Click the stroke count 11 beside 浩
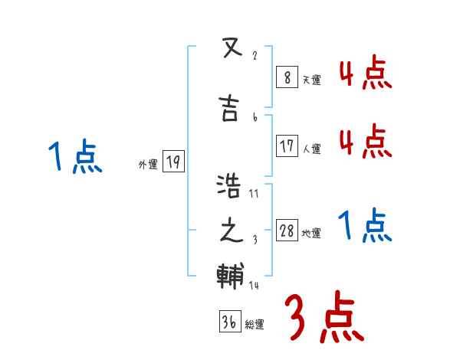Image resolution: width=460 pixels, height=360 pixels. click(x=254, y=194)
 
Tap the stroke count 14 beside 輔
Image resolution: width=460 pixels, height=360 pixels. click(x=254, y=286)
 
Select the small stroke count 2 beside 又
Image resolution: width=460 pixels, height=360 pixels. click(x=255, y=56)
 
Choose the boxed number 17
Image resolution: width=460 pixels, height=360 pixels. click(x=287, y=146)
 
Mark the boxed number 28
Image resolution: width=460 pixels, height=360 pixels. click(x=287, y=231)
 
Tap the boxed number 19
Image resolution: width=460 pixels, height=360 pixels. click(x=173, y=162)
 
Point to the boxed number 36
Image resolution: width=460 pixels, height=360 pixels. click(x=228, y=322)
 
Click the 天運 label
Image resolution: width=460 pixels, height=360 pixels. click(x=310, y=79)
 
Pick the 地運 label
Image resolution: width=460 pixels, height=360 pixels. click(x=310, y=234)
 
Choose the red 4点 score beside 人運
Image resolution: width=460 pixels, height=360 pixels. click(x=365, y=142)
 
